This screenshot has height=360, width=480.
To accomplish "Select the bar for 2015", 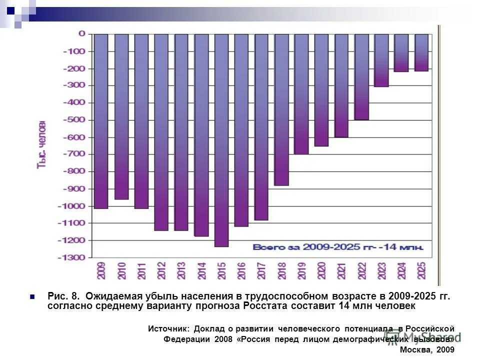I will [221, 140].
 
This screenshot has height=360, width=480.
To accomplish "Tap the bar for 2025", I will [421, 52].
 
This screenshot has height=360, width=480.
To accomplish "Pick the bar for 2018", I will [281, 109].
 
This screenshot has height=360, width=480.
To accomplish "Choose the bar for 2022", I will [361, 77].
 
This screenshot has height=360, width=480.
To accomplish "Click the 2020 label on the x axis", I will [321, 270].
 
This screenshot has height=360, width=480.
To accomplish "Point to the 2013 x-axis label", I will [181, 270].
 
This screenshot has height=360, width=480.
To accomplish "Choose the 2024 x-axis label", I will [401, 270].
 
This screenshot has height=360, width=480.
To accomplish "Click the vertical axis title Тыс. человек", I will [42, 145].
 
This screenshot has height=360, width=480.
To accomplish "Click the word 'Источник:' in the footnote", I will [168, 328].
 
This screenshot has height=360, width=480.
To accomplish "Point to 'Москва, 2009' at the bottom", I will [427, 349].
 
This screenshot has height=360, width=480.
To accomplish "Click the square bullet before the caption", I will [33, 296].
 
